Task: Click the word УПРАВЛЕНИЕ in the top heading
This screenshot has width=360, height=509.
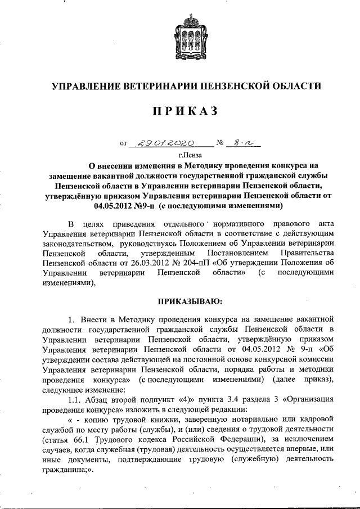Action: point(91,85)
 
